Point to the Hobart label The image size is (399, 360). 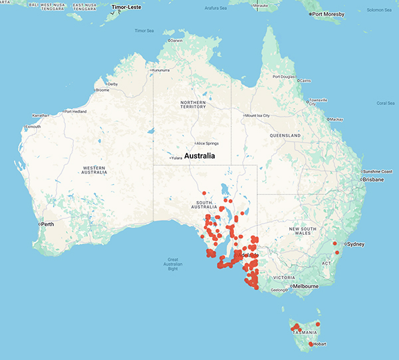tap(320, 344)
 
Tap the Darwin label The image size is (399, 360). tap(176, 41)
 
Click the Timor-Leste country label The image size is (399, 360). tap(128, 7)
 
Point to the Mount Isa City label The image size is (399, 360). tap(259, 116)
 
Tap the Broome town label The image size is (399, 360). tap(102, 90)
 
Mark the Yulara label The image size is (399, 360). tap(176, 158)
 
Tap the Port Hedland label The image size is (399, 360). tap(75, 111)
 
